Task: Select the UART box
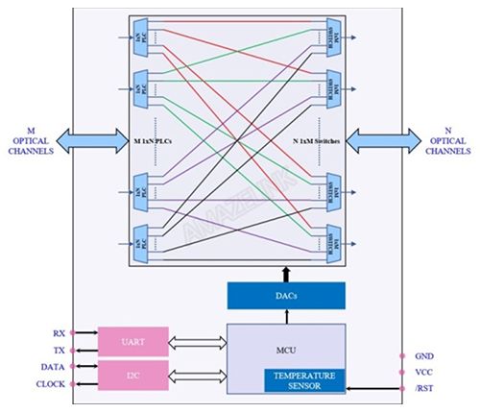point(132,341)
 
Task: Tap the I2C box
point(132,375)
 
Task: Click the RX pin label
point(59,332)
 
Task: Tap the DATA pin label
point(53,367)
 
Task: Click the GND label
point(423,354)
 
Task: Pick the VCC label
point(423,372)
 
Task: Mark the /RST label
point(423,388)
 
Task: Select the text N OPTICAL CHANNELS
point(447,139)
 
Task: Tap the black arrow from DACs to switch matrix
point(284,274)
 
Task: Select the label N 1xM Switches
point(310,141)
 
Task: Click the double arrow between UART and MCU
point(197,339)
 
